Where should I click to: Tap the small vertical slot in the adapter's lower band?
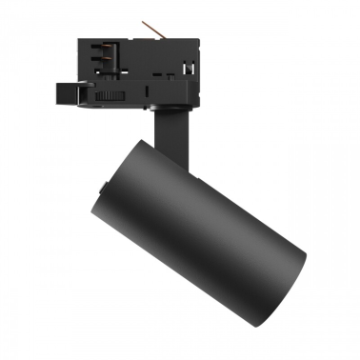150,90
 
